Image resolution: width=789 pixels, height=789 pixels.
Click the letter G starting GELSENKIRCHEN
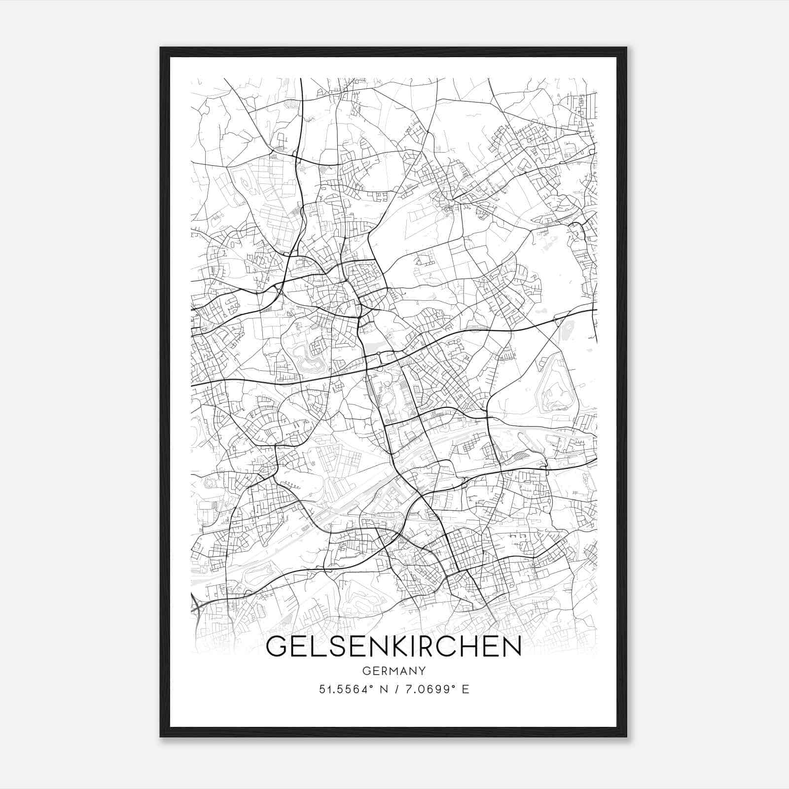[x=277, y=647]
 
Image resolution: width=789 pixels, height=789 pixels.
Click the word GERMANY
[x=394, y=671]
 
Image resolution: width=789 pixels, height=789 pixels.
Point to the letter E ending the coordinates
[x=465, y=689]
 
